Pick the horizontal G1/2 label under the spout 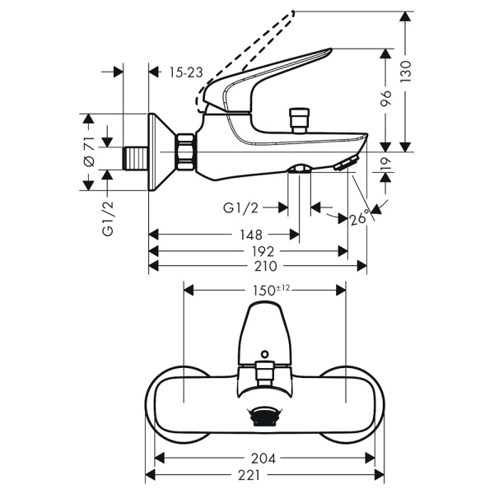(242, 207)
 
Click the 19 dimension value (386, 174)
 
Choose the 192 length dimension (264, 250)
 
